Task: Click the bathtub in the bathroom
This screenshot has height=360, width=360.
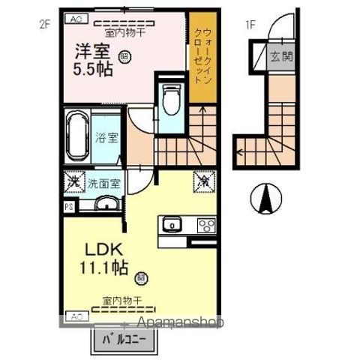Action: (x=78, y=136)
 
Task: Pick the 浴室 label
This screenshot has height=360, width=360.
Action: (x=106, y=138)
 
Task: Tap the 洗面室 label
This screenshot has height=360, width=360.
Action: (x=104, y=181)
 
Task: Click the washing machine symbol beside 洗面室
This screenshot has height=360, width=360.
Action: (x=73, y=181)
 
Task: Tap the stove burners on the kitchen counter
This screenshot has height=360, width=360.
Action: (x=205, y=224)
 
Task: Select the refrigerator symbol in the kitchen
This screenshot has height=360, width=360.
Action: (x=204, y=181)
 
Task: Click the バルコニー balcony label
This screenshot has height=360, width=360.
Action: (x=125, y=341)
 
